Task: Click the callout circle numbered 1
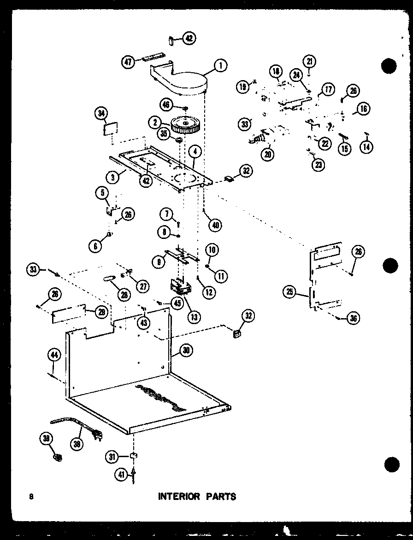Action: pyautogui.click(x=220, y=66)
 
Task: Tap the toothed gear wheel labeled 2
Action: pyautogui.click(x=185, y=125)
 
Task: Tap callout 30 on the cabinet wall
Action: pyautogui.click(x=186, y=350)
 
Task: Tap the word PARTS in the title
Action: pyautogui.click(x=221, y=496)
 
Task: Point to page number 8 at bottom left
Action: pyautogui.click(x=31, y=496)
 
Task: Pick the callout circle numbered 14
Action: pyautogui.click(x=367, y=146)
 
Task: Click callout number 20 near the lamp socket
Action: pyautogui.click(x=267, y=155)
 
